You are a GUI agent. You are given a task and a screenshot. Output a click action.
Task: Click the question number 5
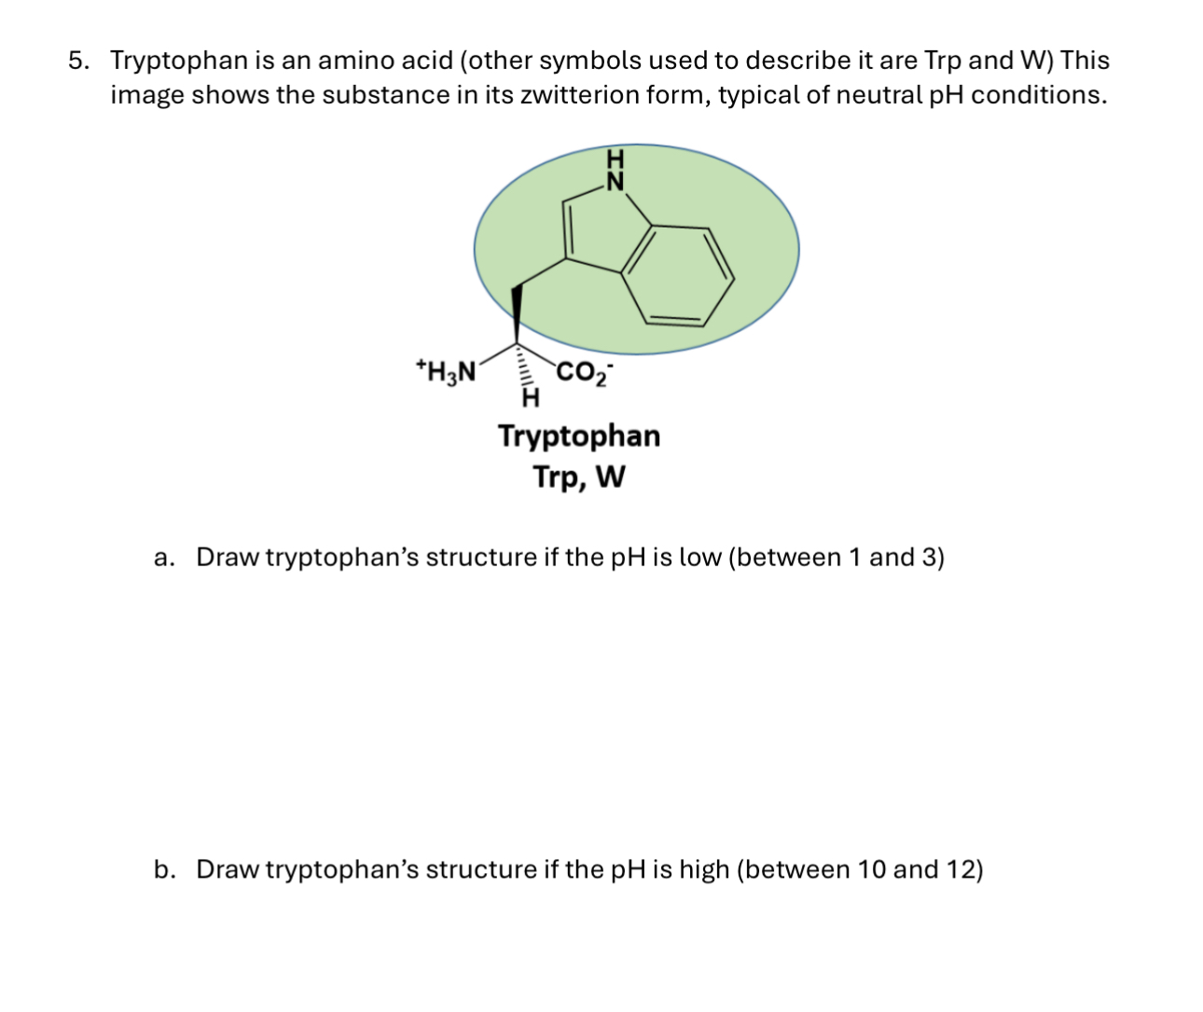click(78, 61)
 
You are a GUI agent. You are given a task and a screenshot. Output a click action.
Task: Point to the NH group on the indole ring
click(614, 171)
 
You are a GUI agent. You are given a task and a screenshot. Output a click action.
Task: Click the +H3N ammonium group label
click(446, 370)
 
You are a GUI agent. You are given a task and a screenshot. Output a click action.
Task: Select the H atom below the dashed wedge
click(530, 400)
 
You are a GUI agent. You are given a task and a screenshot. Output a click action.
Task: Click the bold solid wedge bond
click(517, 312)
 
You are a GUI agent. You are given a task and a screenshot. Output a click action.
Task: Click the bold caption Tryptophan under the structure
click(579, 436)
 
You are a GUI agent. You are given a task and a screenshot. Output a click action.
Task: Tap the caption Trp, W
click(579, 478)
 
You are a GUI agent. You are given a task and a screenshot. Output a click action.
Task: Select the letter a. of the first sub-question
click(164, 558)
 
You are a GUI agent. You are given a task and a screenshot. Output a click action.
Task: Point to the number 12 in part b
click(960, 870)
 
